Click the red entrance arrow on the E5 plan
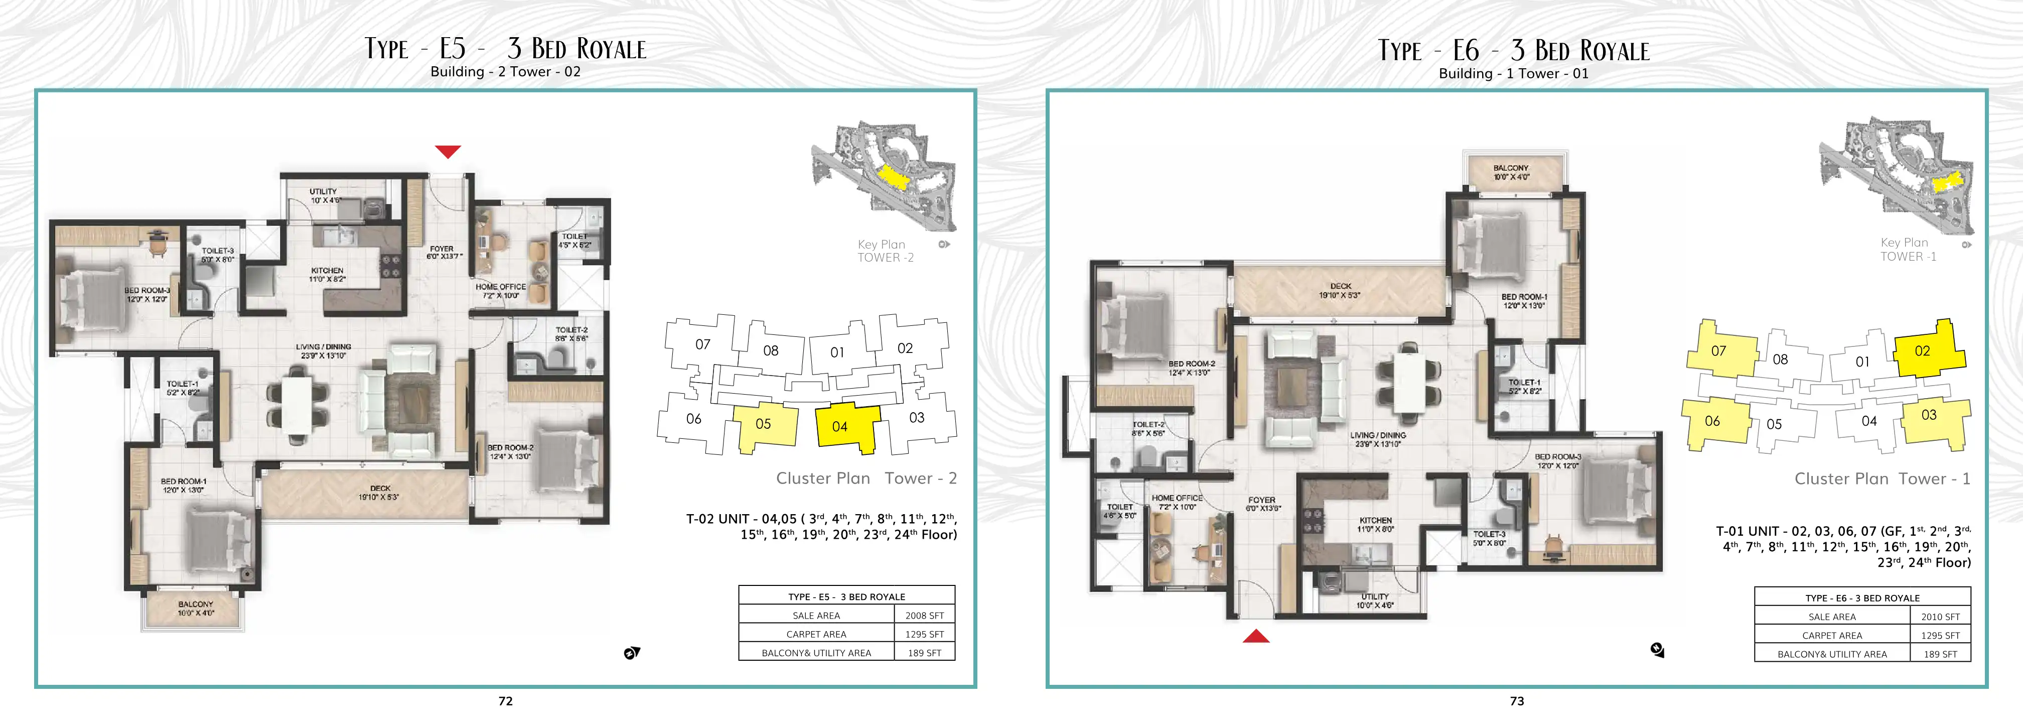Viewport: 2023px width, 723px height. [448, 152]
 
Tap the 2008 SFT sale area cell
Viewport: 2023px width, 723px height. [924, 616]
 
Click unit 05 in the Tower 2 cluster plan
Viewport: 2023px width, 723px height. [763, 426]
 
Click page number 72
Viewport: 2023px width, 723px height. [506, 701]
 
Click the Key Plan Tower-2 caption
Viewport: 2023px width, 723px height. [885, 251]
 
